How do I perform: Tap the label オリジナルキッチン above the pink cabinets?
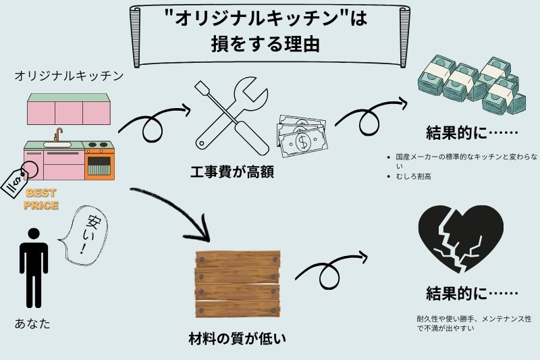pos(69,76)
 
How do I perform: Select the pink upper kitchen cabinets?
pos(68,109)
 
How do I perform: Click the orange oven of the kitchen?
pos(99,162)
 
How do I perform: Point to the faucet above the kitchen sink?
pos(58,135)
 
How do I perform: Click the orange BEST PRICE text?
pos(41,200)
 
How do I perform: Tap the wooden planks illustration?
pos(237,284)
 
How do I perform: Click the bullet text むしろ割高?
pos(414,176)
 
